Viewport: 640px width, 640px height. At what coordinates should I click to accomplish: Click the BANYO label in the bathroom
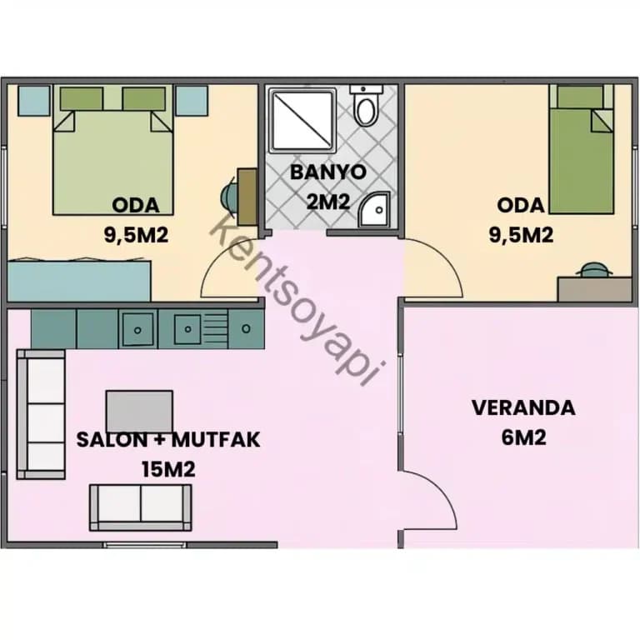coord(328,172)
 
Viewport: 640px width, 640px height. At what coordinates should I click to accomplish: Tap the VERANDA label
coord(523,407)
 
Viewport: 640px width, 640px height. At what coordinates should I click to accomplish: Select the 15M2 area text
coord(168,469)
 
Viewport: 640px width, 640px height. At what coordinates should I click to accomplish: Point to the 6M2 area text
coord(523,438)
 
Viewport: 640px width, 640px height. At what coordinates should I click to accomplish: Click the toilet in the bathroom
coord(367,105)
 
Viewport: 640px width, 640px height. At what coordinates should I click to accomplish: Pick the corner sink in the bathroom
coord(373,209)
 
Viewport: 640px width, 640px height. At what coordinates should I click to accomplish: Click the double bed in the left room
coord(113,149)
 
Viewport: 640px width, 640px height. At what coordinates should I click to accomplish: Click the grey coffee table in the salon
coord(139,411)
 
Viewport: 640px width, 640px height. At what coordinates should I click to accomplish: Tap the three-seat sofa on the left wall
coord(41,414)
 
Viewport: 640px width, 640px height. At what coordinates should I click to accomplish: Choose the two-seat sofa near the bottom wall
coord(140,507)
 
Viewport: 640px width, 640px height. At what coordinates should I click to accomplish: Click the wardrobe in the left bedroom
coord(79,280)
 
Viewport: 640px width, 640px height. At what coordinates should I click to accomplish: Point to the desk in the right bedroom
coord(594,289)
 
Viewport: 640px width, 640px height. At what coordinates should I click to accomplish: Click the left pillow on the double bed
coord(81,98)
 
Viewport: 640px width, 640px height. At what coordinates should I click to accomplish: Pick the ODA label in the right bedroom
coord(521,205)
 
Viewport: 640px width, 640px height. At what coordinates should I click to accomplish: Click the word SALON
coord(112,440)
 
